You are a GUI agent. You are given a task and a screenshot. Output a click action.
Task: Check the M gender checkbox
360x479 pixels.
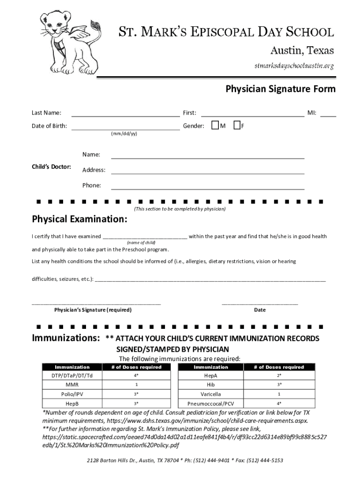point(215,125)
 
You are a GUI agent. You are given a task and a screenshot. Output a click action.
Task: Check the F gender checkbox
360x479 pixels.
point(237,125)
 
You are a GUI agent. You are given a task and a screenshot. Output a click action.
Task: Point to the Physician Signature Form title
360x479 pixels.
point(281,89)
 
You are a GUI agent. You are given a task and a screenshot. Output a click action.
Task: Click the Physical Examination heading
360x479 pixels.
point(79,219)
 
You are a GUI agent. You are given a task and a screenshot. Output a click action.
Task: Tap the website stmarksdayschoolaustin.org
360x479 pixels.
point(294,65)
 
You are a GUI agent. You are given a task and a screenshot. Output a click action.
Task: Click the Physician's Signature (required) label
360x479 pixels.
point(93,310)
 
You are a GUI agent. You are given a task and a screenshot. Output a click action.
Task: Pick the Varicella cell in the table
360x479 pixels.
point(211,394)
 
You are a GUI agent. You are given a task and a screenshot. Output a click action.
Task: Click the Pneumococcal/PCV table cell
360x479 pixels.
point(211,403)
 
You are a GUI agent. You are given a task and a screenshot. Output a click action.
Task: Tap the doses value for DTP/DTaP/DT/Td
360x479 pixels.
point(136,376)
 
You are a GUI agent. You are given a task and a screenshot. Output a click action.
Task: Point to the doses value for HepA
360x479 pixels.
point(279,376)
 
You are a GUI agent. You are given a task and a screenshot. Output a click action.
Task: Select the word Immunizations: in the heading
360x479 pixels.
point(65,338)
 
